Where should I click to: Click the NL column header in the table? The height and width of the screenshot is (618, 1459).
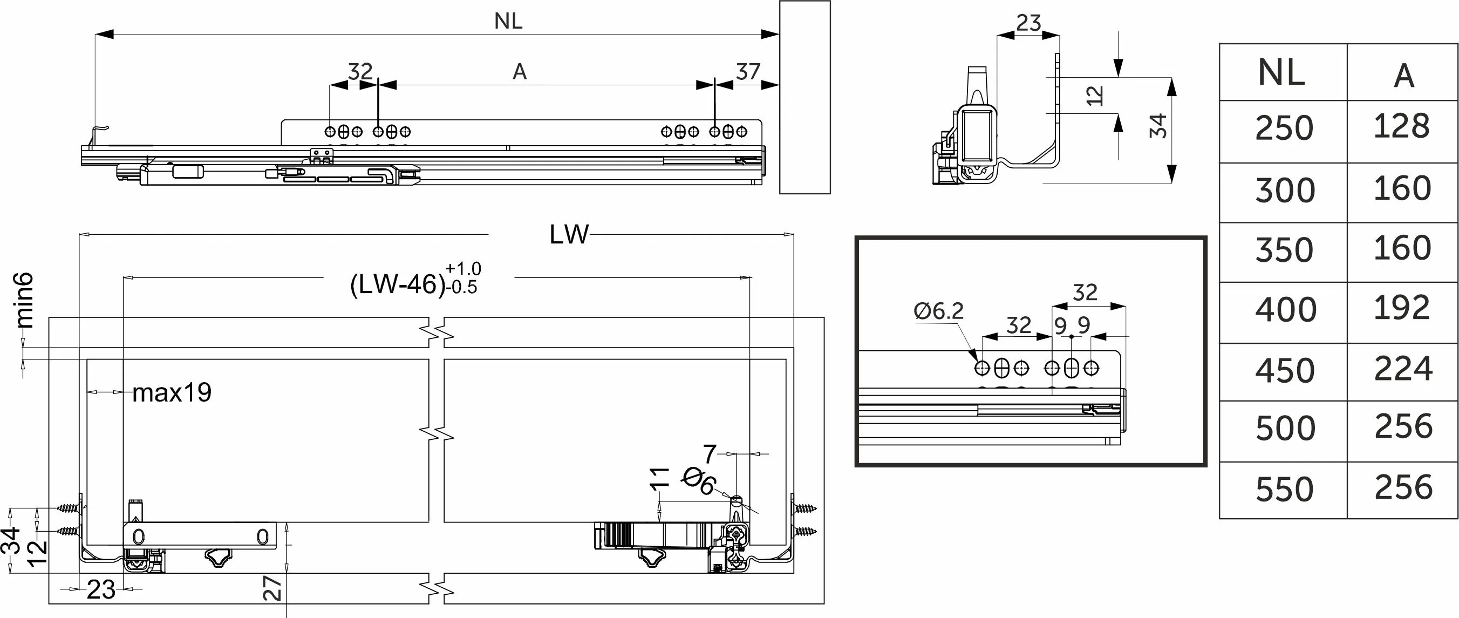pos(1281,73)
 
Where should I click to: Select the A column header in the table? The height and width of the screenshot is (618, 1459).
pos(1403,76)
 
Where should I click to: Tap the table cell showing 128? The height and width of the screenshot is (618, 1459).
pos(1401,126)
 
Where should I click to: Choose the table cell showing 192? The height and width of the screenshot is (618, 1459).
pos(1402,308)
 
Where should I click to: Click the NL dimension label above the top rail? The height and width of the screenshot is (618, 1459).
pos(508,22)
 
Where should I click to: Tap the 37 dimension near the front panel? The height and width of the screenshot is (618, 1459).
pos(748,72)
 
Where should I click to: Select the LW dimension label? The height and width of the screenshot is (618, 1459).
pos(569,234)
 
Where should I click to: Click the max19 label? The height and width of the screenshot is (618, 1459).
pos(172,392)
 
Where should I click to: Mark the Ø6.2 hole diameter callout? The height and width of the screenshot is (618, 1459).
pos(938,311)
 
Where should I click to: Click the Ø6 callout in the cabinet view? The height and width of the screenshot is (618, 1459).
pos(699,482)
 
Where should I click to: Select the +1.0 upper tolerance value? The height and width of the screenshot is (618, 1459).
pos(463,268)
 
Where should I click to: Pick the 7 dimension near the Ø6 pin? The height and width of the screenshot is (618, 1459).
pos(710,454)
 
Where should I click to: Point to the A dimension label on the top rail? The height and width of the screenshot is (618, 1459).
pos(520,72)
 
